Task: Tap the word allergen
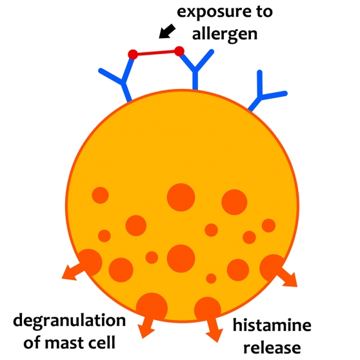pos(225,34)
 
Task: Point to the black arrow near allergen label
pos(167,31)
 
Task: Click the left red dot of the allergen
pos(133,54)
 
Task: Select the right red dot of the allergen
pos(179,51)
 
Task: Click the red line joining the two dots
pos(156,53)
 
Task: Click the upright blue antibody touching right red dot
pos(195,69)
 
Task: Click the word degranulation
pos(70,321)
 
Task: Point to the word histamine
pos(272,325)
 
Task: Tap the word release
pos(272,347)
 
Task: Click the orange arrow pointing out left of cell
pos(74,272)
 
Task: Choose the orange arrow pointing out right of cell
pos(288,277)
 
